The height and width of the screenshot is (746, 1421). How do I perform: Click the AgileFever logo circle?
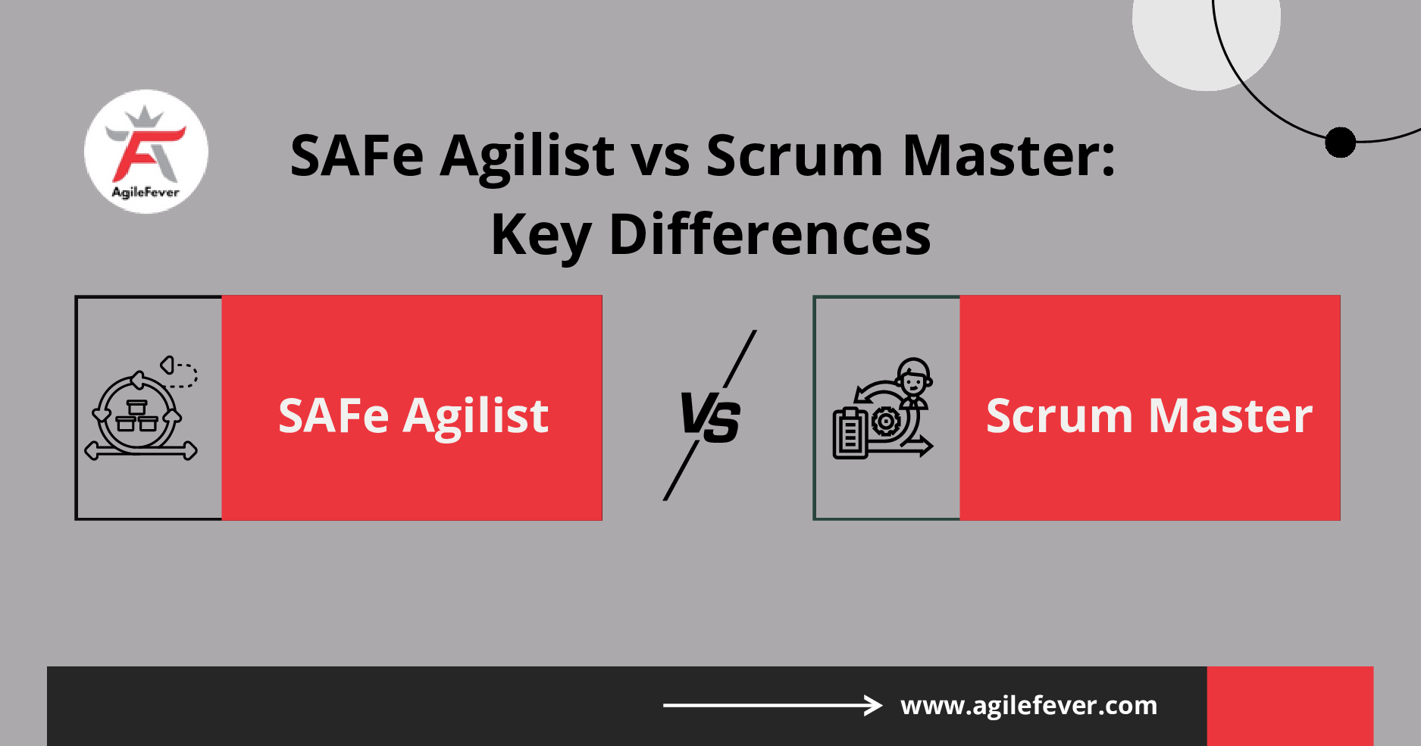(x=146, y=152)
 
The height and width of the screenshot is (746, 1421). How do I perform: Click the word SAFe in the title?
(x=356, y=156)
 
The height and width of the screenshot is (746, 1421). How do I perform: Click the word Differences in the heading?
(x=769, y=234)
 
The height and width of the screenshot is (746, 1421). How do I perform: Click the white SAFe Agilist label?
(x=413, y=415)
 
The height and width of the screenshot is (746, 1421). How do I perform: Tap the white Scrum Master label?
(x=1149, y=415)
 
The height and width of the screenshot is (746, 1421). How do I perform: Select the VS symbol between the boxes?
(x=710, y=417)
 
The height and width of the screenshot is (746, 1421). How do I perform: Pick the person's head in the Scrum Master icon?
(x=914, y=376)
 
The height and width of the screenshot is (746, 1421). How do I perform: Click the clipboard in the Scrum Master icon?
(x=850, y=434)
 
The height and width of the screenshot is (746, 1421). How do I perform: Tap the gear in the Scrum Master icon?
(x=885, y=421)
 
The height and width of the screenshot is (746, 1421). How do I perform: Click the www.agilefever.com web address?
(x=1028, y=706)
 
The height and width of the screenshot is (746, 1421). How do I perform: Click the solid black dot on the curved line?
(x=1340, y=142)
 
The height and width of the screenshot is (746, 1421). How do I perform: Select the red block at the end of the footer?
(x=1290, y=706)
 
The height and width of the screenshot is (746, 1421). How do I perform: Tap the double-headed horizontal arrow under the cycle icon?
(x=141, y=452)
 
